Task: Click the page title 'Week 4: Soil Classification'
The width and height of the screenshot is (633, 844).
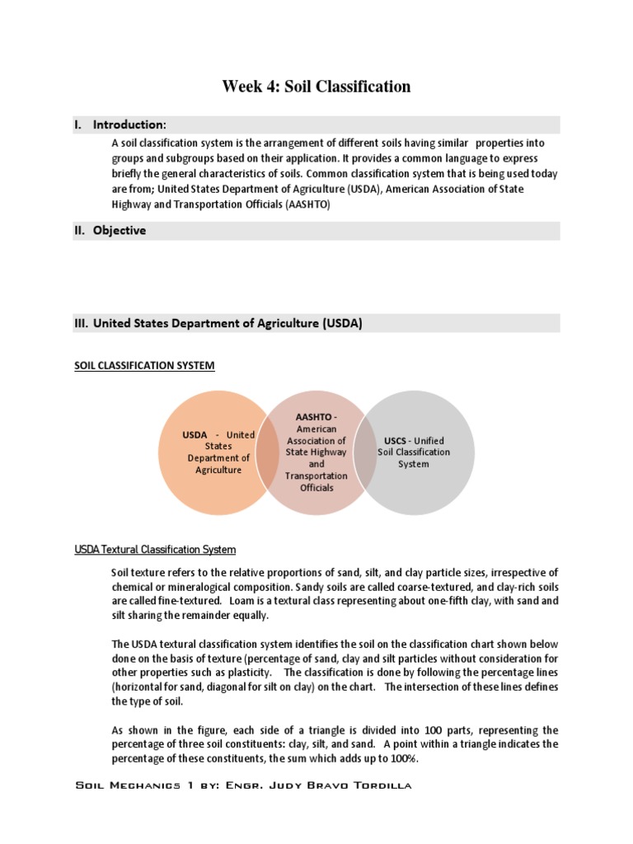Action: click(x=316, y=87)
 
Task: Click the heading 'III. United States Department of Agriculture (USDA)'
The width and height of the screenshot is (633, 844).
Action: click(x=218, y=324)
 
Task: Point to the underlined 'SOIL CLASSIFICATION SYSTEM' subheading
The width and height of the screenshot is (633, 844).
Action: click(x=144, y=365)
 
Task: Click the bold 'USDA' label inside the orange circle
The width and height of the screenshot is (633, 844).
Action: click(x=195, y=434)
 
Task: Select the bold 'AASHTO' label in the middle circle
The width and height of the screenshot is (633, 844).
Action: click(x=314, y=417)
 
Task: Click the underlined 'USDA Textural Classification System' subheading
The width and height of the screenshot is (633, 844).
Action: click(x=155, y=549)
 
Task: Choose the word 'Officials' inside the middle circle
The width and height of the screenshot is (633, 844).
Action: click(x=316, y=487)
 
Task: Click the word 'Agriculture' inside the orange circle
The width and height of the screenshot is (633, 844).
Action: click(x=218, y=470)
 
